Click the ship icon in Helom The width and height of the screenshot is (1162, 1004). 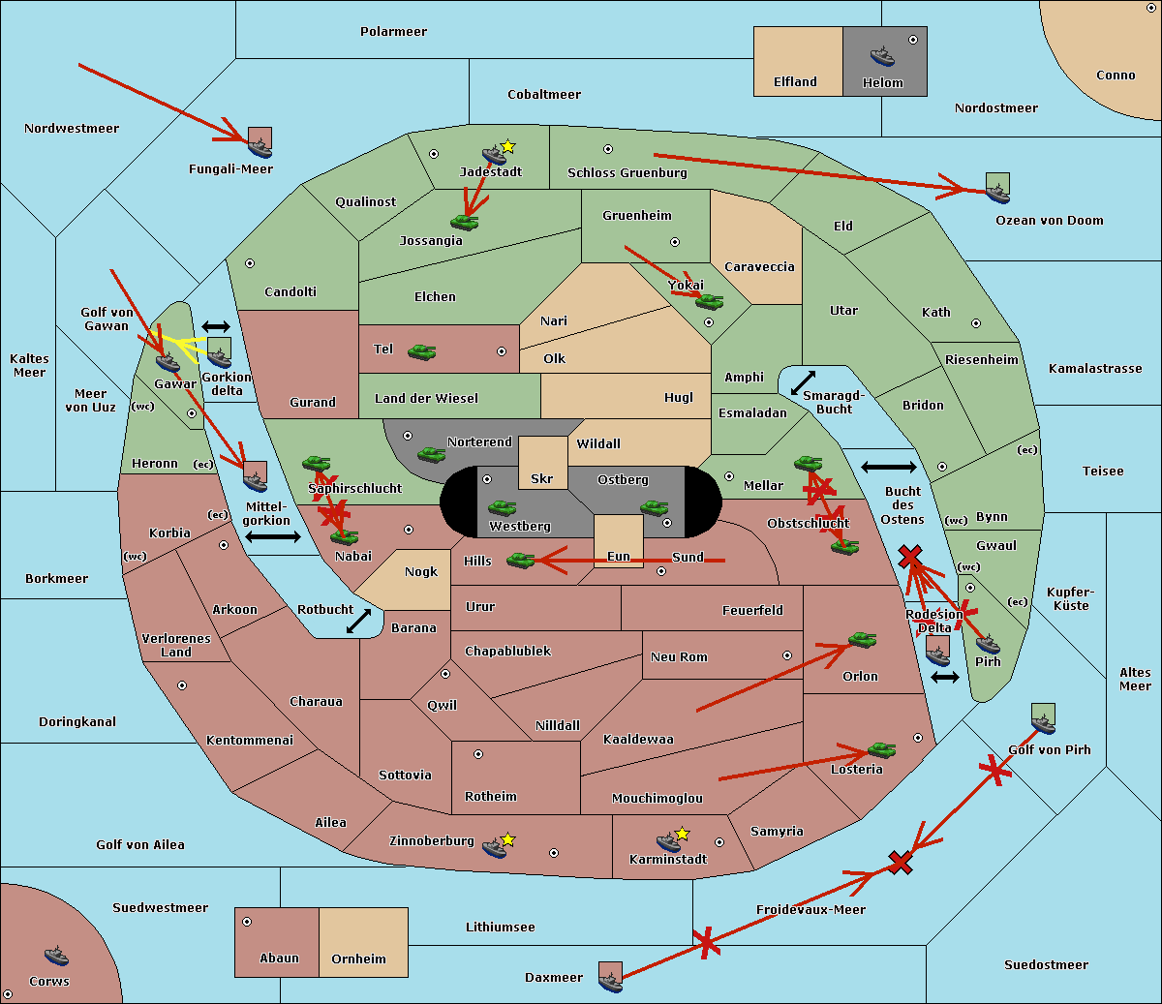coord(882,56)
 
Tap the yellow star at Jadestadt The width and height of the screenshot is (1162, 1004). coord(507,147)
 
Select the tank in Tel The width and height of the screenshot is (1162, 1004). coord(421,352)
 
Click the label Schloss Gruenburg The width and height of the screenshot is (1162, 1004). coord(627,172)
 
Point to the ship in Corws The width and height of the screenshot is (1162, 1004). coord(56,956)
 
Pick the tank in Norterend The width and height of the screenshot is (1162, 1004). coord(431,454)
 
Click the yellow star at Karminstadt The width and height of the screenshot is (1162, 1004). coord(682,834)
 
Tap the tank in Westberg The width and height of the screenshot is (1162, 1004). coord(502,508)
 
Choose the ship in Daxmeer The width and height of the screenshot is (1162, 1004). coord(610,982)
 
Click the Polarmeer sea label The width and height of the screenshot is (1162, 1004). coord(393,32)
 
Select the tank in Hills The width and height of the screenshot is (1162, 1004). coord(521,560)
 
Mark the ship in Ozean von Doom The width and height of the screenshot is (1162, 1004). coord(997,193)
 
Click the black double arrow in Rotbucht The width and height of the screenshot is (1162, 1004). coord(358,621)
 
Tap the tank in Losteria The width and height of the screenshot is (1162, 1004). coord(881,749)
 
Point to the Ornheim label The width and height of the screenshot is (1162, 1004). coord(358,958)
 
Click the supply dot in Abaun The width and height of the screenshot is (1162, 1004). coord(247,922)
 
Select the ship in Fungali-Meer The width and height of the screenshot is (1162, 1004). coord(260,148)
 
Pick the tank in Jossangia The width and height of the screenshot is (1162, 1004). coord(465,223)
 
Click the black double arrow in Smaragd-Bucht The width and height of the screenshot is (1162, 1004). coord(803,382)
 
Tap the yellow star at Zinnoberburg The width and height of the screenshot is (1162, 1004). coord(507,839)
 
